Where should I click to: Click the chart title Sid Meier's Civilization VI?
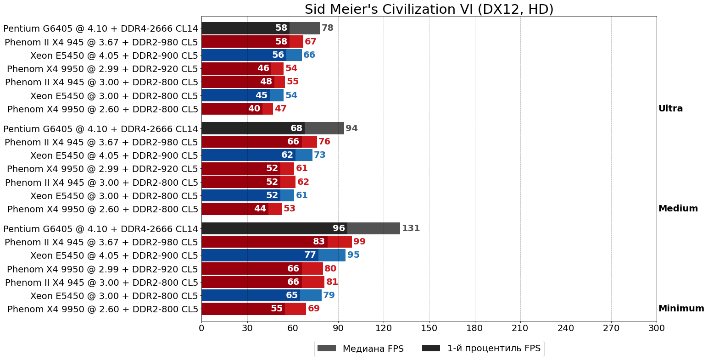pos(429,9)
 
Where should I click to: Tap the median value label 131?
pos(411,228)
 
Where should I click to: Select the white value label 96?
pos(339,228)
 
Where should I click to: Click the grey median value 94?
pos(351,128)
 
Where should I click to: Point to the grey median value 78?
pos(327,28)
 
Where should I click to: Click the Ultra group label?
pos(670,109)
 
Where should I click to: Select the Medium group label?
pos(678,209)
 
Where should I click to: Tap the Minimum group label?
pos(681,309)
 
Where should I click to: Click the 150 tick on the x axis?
pos(429,328)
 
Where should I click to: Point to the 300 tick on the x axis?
pos(656,328)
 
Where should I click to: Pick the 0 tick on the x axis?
pos(201,328)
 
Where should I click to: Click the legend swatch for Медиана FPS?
pos(327,349)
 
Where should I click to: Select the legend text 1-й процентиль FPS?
pos(494,349)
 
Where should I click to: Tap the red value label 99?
pos(359,242)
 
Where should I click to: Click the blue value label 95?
pos(353,255)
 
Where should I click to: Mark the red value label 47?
pos(280,109)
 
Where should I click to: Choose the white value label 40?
pos(254,109)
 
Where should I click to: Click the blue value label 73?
pos(320,155)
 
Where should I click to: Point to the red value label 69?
pos(314,309)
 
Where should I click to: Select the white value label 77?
pos(310,255)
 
